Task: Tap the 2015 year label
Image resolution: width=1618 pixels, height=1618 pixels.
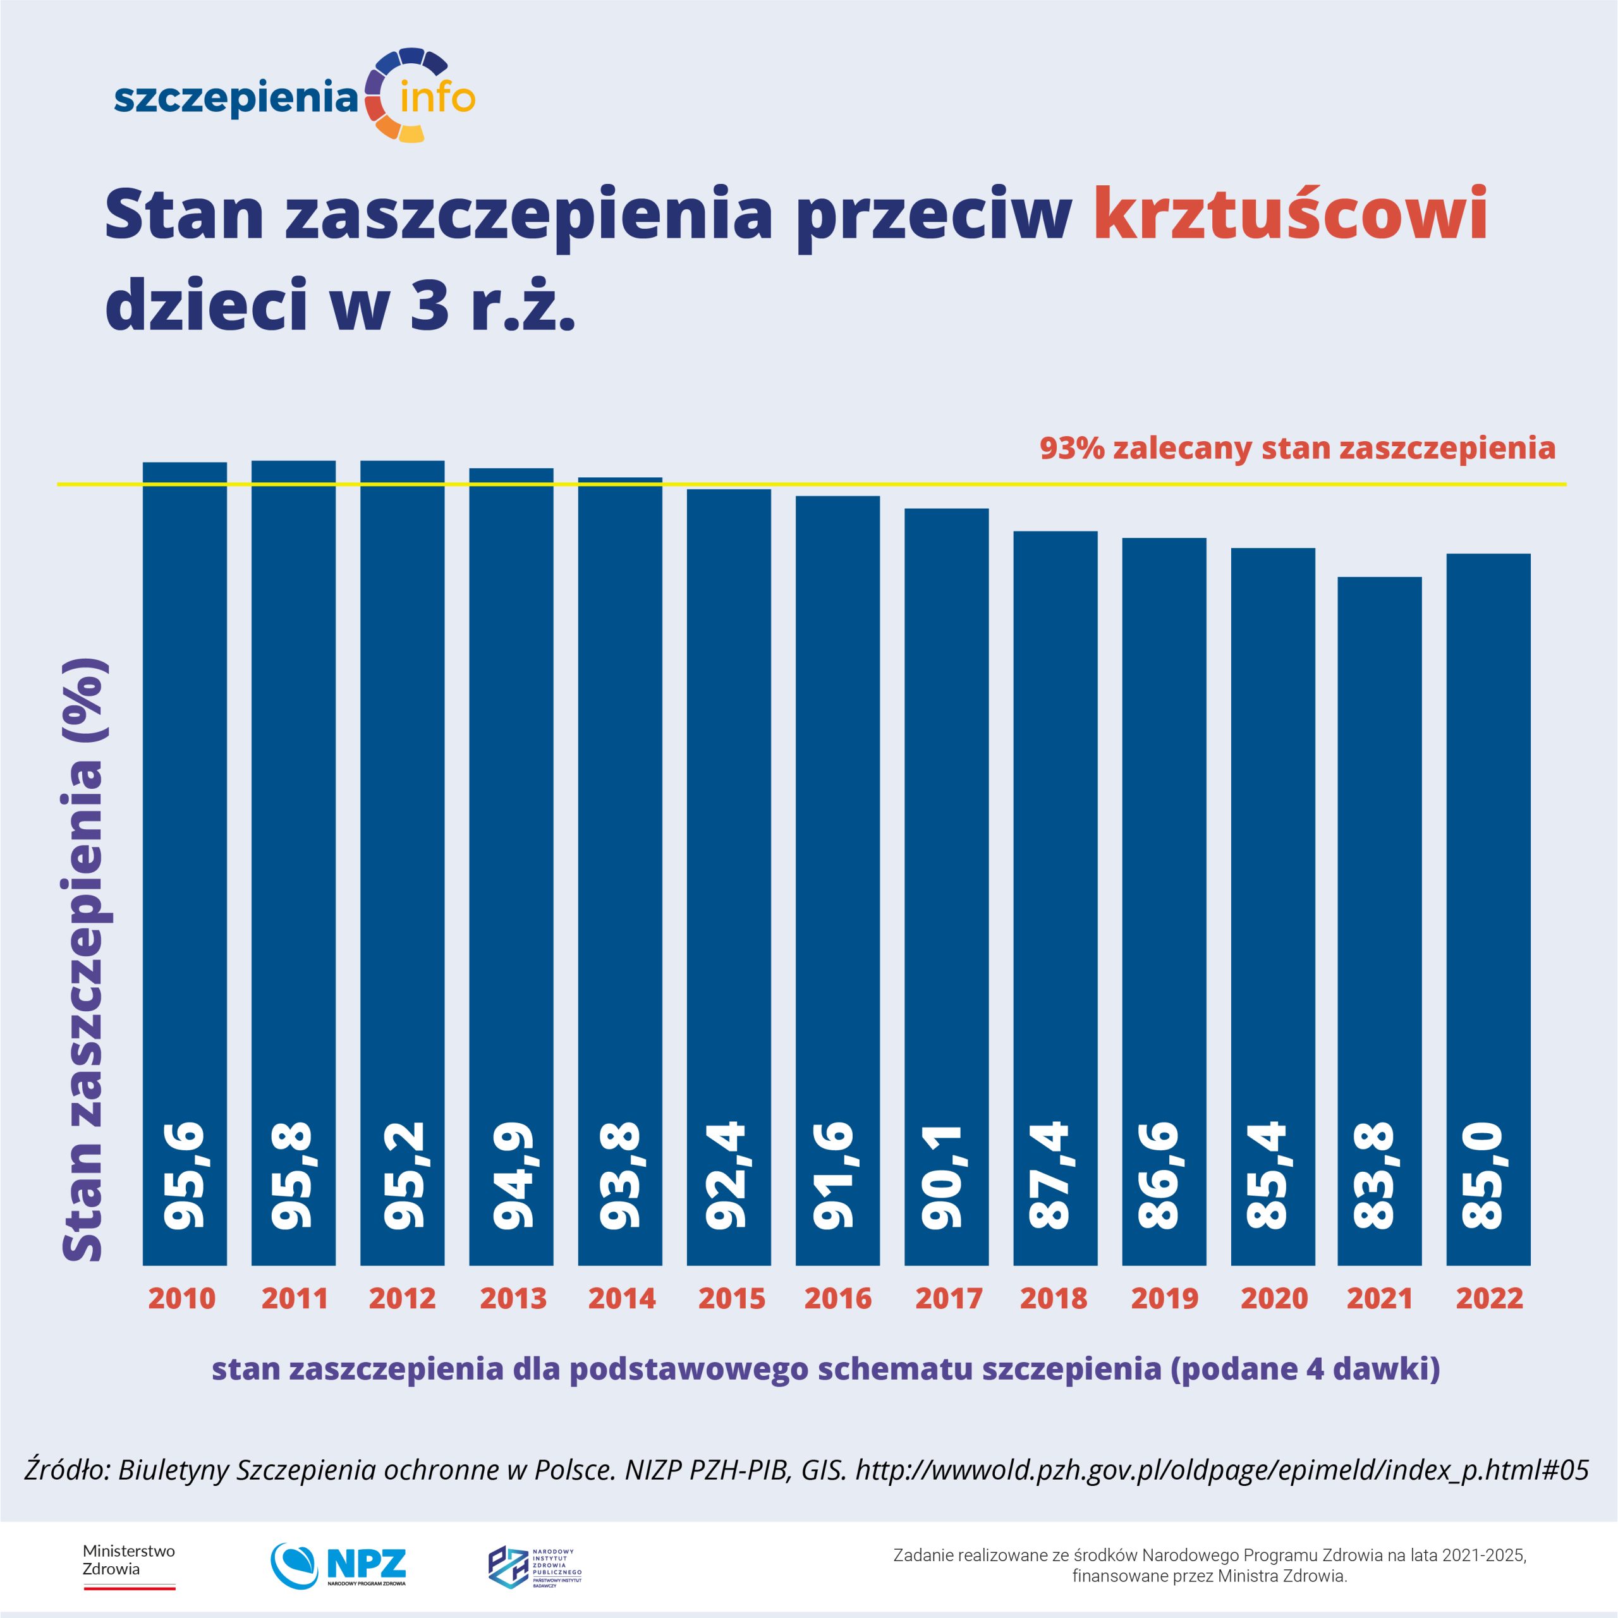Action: pyautogui.click(x=731, y=1298)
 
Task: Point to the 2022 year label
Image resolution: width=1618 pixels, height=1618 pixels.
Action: pyautogui.click(x=1489, y=1298)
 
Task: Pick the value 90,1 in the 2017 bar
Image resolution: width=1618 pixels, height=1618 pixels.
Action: pyautogui.click(x=946, y=1177)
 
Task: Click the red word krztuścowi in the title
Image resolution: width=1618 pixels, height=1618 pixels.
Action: pyautogui.click(x=1290, y=214)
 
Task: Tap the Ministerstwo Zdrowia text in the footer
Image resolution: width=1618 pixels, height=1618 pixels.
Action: pyautogui.click(x=128, y=1559)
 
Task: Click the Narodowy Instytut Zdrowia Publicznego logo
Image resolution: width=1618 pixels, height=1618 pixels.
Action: pyautogui.click(x=534, y=1566)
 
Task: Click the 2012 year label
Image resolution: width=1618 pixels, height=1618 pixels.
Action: pyautogui.click(x=402, y=1298)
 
